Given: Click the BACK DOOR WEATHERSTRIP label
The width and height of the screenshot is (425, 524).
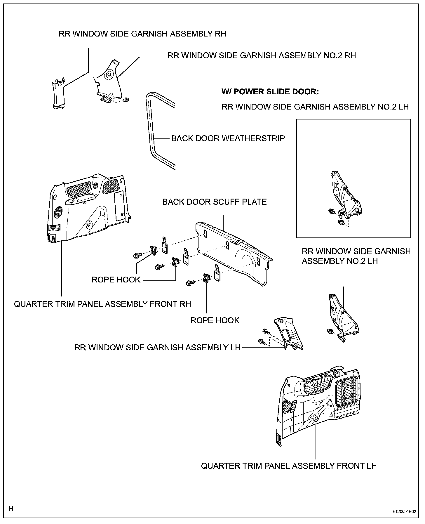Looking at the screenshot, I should [x=228, y=138].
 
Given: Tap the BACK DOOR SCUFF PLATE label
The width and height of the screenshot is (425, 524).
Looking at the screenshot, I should [x=214, y=202].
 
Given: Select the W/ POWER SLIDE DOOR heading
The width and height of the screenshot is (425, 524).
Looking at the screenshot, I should [x=270, y=92].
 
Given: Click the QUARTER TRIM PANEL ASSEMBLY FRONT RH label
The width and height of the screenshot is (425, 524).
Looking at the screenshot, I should [x=102, y=304].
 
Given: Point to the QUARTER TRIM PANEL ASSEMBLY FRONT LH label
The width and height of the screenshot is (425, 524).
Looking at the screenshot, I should [x=289, y=466].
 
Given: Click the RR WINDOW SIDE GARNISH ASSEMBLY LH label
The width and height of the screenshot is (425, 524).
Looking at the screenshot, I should [x=158, y=347].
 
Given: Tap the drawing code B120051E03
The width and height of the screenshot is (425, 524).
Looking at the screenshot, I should [x=404, y=511].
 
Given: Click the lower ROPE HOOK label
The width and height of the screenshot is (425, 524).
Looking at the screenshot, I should [x=215, y=320].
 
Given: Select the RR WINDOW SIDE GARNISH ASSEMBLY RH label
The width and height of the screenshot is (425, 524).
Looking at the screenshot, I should [x=142, y=34].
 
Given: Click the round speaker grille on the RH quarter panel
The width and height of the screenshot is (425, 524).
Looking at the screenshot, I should [x=58, y=212].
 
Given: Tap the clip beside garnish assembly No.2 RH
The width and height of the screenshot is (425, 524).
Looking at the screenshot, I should [x=126, y=100].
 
